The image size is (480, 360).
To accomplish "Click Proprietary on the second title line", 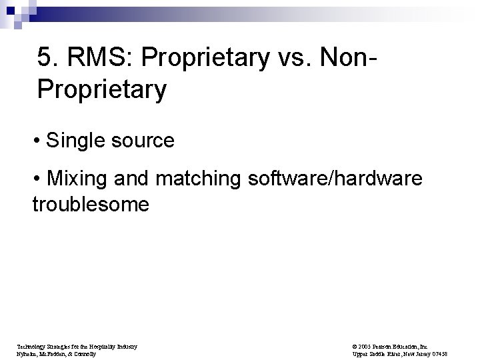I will click(x=101, y=89).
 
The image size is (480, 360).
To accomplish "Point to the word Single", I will click(x=77, y=141).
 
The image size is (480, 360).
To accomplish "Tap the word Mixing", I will click(x=79, y=179).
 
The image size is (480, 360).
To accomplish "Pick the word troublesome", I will click(x=91, y=204).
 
